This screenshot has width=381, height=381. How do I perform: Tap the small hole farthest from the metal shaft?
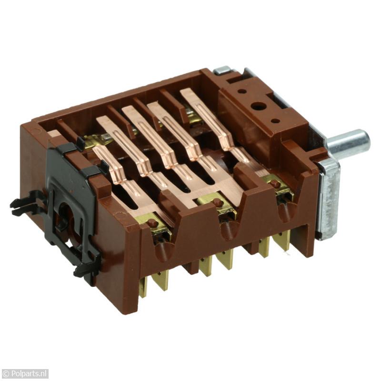241,91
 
